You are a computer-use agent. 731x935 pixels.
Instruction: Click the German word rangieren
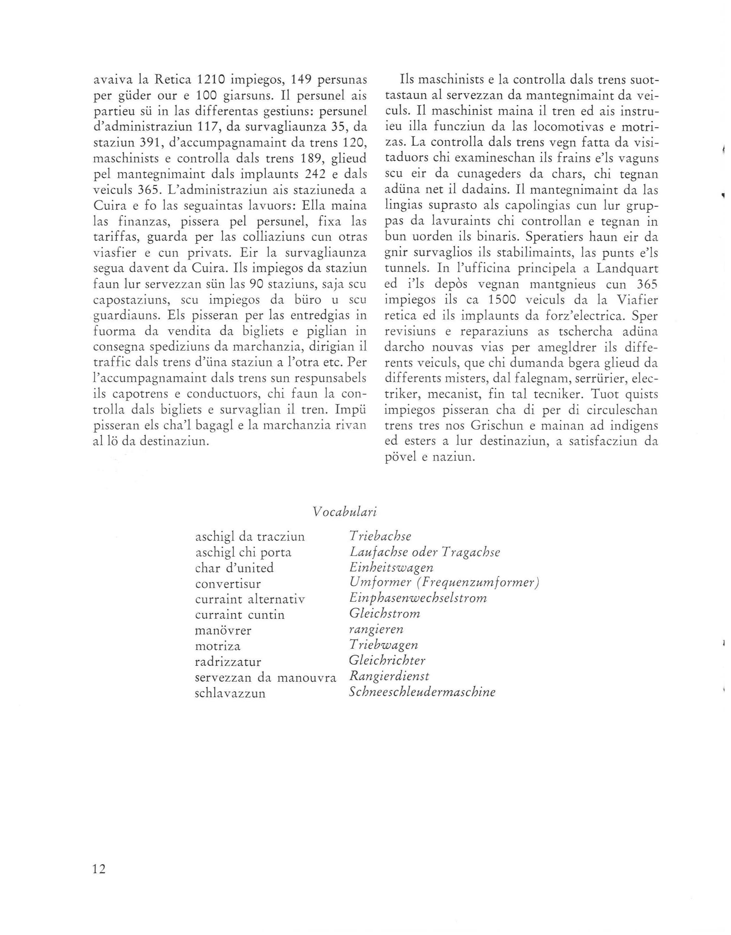[x=376, y=629]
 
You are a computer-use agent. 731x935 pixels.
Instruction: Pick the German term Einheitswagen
[x=391, y=568]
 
